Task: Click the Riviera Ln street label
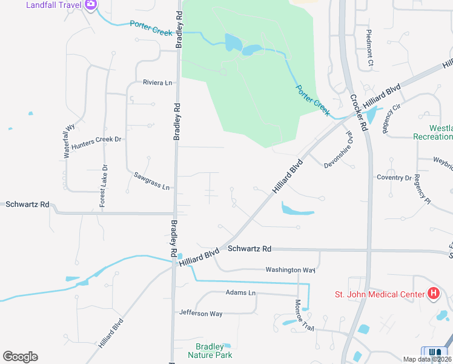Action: [157, 83]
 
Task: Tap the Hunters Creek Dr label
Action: [96, 143]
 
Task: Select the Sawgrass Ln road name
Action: [152, 181]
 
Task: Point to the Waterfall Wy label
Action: [68, 141]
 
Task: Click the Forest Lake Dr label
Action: [104, 186]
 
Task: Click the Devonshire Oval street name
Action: [339, 152]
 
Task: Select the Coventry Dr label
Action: [394, 178]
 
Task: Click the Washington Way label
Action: [291, 270]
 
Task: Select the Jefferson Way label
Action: [200, 314]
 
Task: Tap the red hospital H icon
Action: [433, 295]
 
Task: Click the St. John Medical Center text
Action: [380, 295]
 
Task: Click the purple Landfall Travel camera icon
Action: [91, 5]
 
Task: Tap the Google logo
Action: [20, 357]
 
